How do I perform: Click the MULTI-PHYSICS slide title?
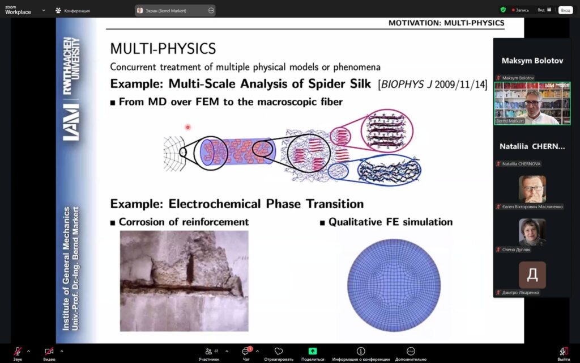click(x=163, y=49)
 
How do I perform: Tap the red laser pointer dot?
click(x=187, y=127)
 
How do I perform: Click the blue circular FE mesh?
click(x=394, y=285)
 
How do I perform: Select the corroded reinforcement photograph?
click(x=184, y=281)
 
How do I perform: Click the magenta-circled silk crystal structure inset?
click(x=387, y=131)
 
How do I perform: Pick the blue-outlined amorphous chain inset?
click(x=389, y=170)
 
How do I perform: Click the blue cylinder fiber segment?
click(x=238, y=151)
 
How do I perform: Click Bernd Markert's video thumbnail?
click(x=532, y=103)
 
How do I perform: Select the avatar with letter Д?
click(x=532, y=275)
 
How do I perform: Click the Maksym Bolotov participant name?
click(x=532, y=61)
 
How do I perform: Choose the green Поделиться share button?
click(x=313, y=351)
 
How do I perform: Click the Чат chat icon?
click(x=246, y=351)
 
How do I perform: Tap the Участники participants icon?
click(x=208, y=351)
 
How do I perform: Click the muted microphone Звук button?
click(x=18, y=351)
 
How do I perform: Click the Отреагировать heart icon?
click(x=279, y=351)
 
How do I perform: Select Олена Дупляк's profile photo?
click(x=532, y=232)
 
